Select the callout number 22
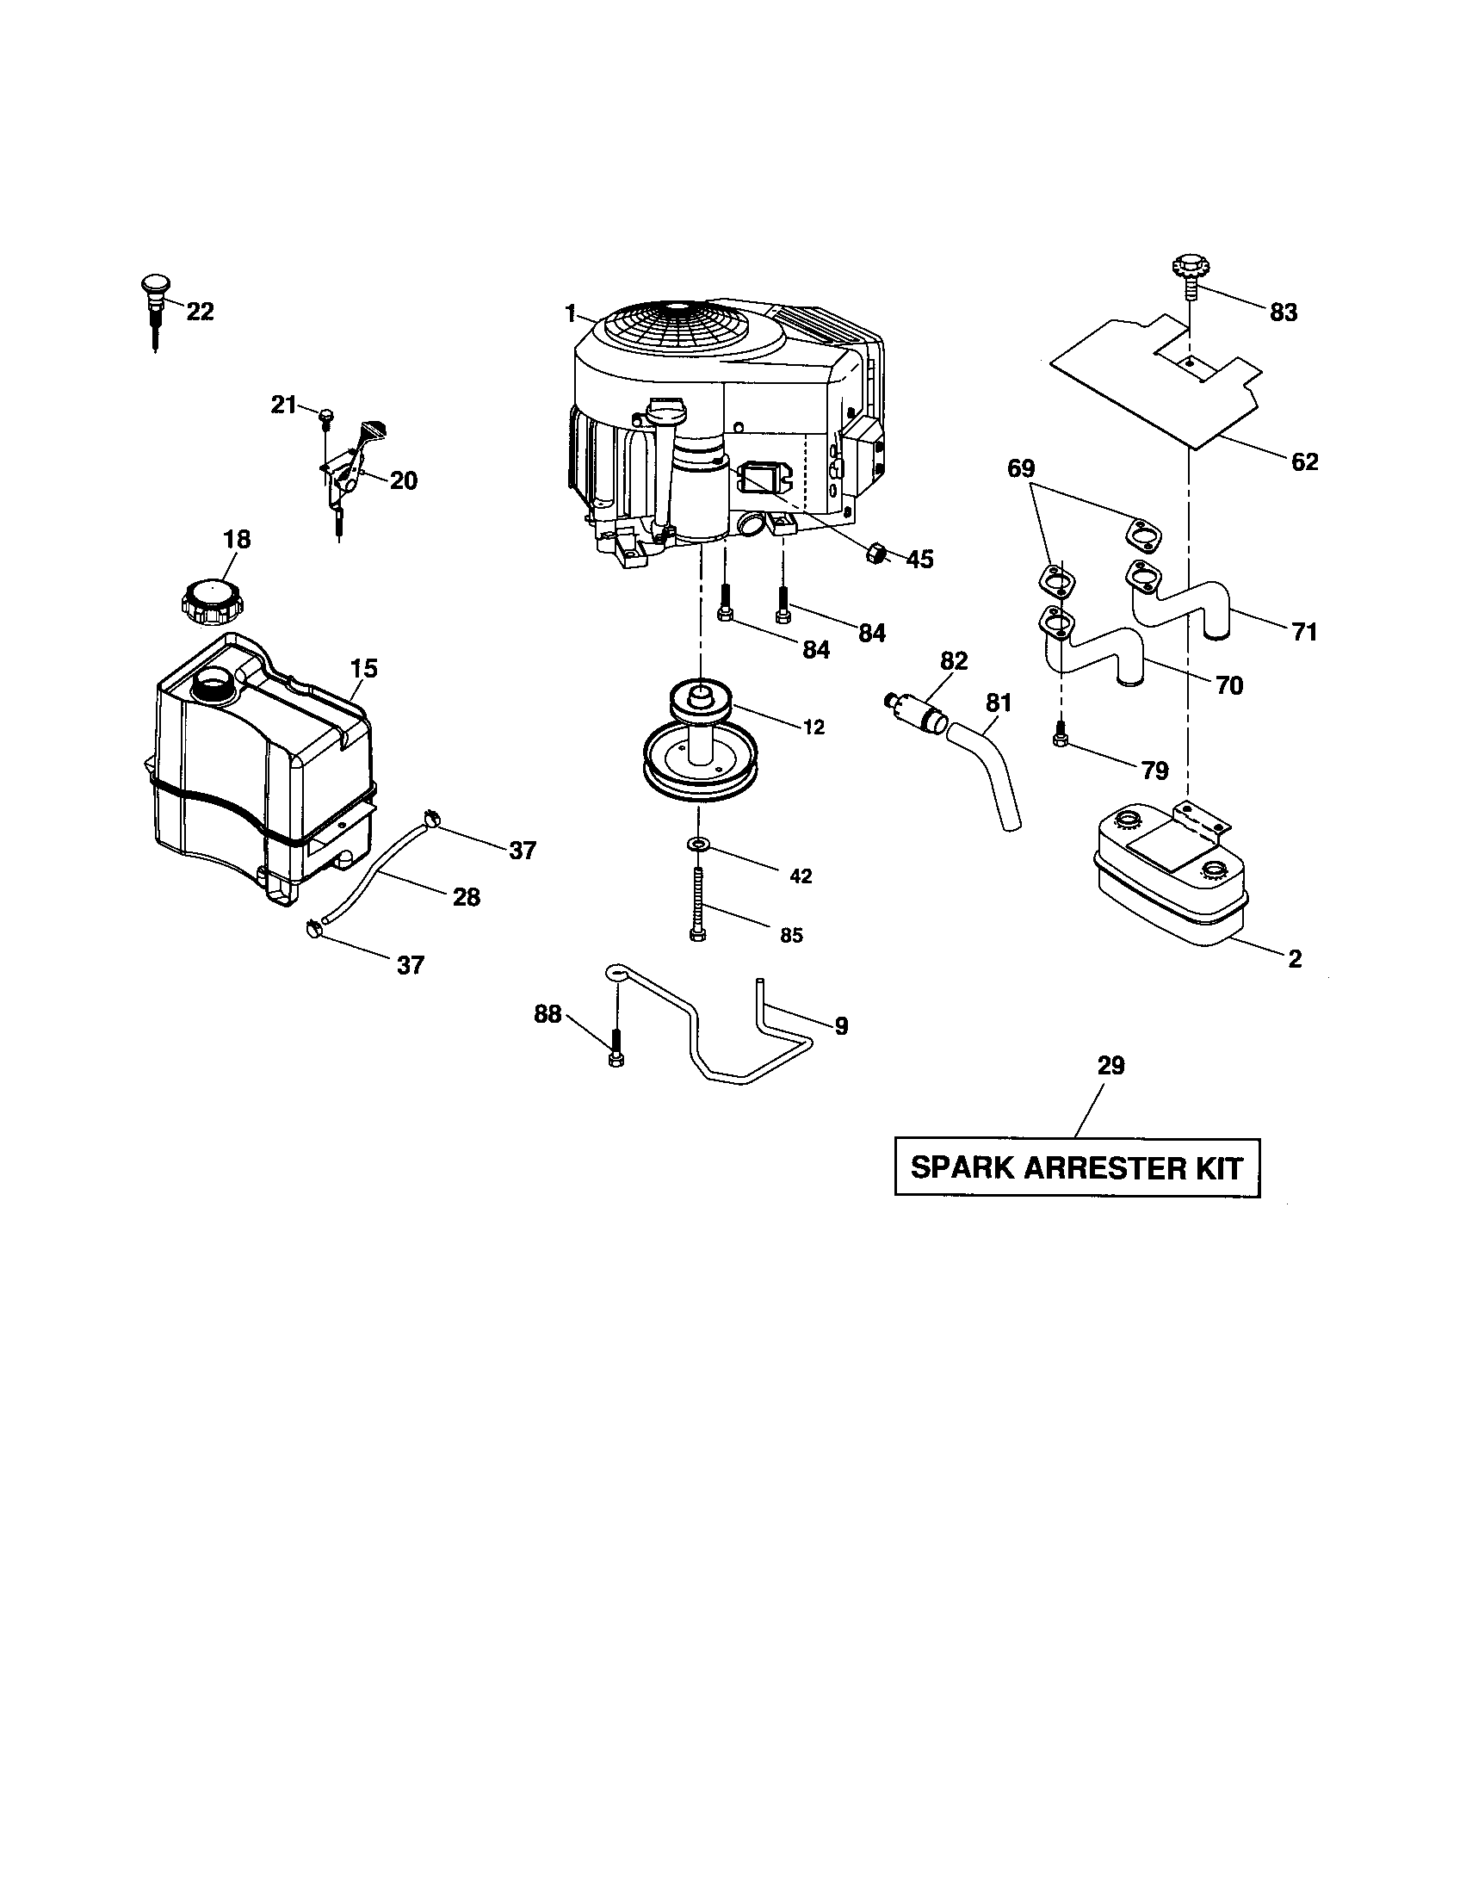201,313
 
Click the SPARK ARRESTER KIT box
1077,1167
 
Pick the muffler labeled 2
1171,876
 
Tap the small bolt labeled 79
1059,737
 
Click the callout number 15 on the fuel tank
364,669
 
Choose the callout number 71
1304,632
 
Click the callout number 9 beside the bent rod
841,1027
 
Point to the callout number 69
1020,469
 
